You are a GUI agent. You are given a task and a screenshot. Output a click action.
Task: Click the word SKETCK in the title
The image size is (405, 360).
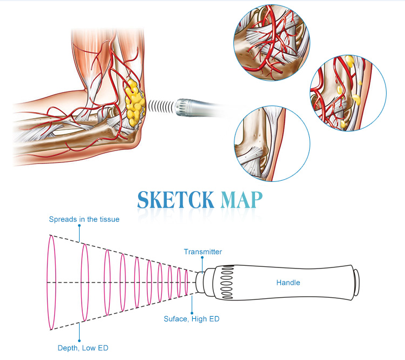pos(175,200)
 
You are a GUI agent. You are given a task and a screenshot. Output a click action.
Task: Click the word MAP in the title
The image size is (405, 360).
pos(241,200)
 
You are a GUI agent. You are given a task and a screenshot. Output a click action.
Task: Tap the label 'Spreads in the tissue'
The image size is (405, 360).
pos(84,219)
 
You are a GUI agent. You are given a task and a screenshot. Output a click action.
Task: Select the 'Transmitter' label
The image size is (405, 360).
pos(203,252)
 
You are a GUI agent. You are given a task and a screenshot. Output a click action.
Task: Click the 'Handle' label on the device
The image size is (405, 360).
pos(288,283)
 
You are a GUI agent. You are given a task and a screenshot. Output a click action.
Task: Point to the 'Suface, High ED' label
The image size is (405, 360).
pos(191,319)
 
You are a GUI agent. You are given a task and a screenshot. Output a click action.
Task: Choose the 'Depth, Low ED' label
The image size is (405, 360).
pos(83,348)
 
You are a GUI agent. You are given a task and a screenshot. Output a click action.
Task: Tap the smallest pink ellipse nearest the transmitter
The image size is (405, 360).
pos(186,283)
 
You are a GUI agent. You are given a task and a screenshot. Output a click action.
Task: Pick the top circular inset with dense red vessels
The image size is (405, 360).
pos(271,42)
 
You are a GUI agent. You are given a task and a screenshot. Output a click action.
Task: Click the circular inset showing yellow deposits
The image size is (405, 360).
pos(348,93)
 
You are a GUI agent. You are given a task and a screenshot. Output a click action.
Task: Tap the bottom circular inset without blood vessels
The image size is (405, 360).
pos(272,143)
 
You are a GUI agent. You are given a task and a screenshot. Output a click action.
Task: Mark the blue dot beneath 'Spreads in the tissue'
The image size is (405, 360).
pos(79,225)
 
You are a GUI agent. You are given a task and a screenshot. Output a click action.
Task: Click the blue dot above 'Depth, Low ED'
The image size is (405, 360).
pos(79,341)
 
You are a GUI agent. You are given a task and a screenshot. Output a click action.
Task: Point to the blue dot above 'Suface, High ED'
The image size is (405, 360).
pos(192,313)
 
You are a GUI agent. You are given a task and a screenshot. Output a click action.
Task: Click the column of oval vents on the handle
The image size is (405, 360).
pos(227,282)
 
